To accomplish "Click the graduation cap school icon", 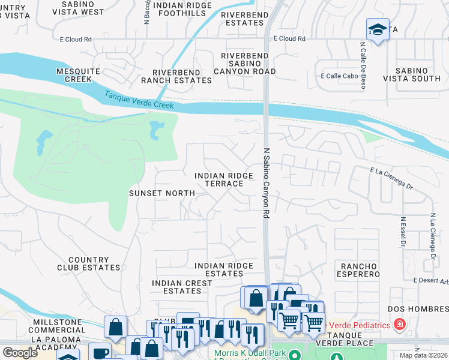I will [377, 30].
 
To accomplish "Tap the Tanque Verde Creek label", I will [139, 100].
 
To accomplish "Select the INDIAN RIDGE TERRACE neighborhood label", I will [223, 179].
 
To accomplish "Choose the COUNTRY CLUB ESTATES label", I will [88, 263].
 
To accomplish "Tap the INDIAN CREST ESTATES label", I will [176, 287].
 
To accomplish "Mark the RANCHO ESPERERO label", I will [359, 269].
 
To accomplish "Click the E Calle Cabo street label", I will [339, 76].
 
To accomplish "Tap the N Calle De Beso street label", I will [363, 65].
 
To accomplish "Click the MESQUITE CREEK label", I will [78, 75].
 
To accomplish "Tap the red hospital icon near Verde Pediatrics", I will [399, 325].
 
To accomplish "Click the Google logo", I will [20, 353].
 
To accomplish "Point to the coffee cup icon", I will [100, 353].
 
